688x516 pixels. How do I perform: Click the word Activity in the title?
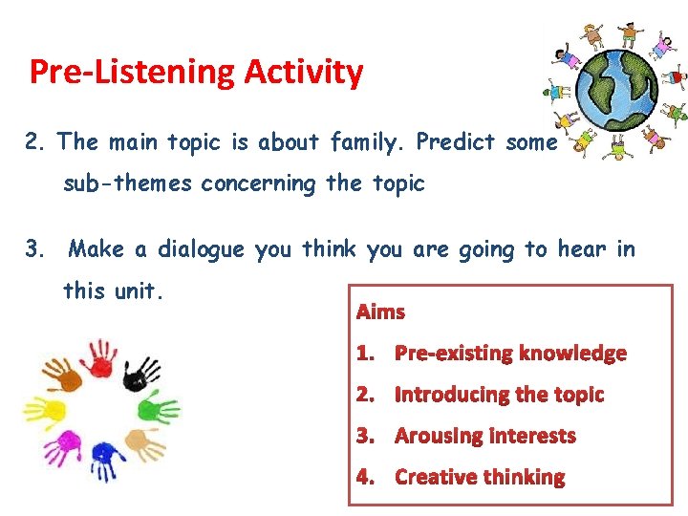(304, 73)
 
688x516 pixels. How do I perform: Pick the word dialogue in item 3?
(200, 249)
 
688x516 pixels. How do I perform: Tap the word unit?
(139, 290)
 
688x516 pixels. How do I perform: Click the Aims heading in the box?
(380, 312)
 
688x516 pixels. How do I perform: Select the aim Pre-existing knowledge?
(510, 353)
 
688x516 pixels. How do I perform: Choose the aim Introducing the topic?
(499, 394)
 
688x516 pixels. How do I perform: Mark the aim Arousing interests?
(484, 436)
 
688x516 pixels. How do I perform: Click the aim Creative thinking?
(479, 477)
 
